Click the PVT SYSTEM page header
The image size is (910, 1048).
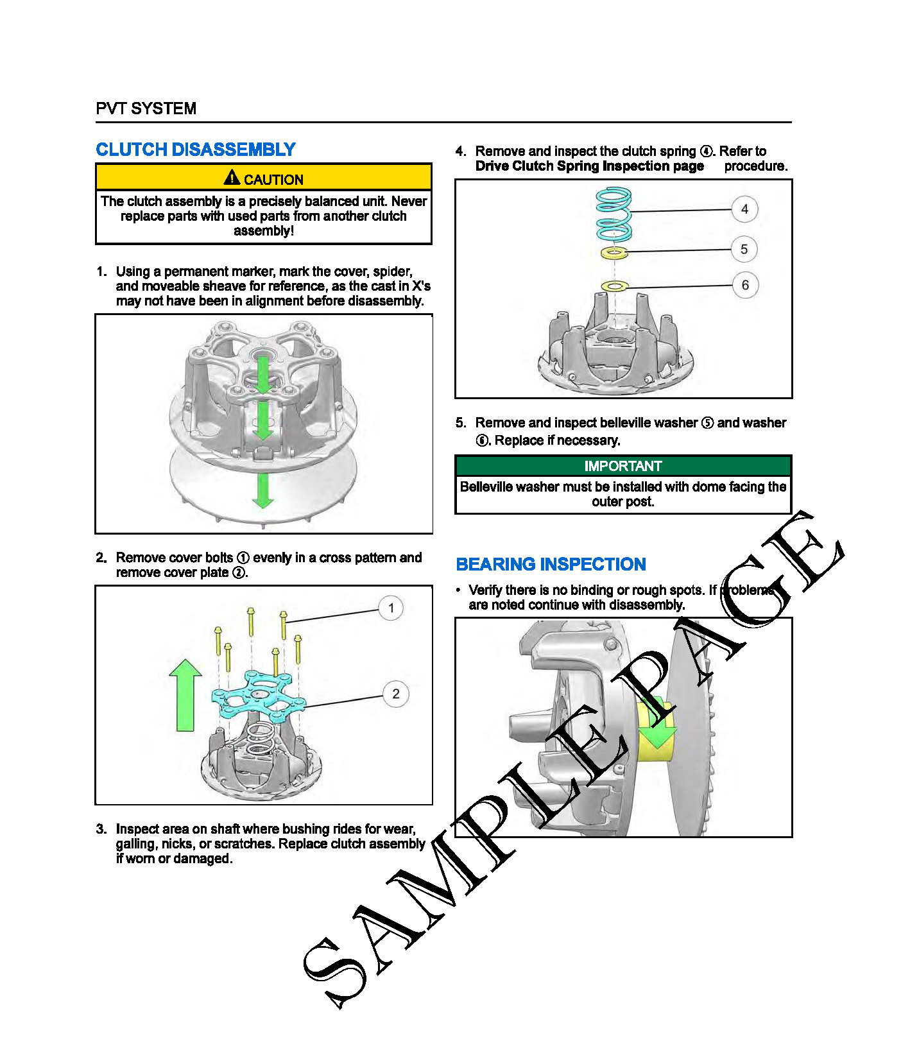click(146, 108)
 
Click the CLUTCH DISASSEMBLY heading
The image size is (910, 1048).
click(196, 150)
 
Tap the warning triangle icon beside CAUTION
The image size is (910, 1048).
click(232, 177)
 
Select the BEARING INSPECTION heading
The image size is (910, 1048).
click(551, 564)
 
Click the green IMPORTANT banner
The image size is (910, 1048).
click(623, 466)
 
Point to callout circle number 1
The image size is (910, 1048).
click(391, 608)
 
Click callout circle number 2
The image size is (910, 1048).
click(395, 694)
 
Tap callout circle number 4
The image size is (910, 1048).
click(744, 209)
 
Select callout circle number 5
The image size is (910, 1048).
click(744, 249)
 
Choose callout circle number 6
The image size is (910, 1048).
click(745, 285)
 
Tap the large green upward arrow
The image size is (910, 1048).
click(185, 696)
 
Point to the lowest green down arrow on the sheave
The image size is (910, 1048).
click(263, 491)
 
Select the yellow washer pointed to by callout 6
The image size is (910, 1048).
click(614, 286)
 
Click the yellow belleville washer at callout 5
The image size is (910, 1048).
click(614, 253)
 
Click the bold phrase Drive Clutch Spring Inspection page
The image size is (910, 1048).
click(589, 166)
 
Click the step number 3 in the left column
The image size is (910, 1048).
click(101, 829)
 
